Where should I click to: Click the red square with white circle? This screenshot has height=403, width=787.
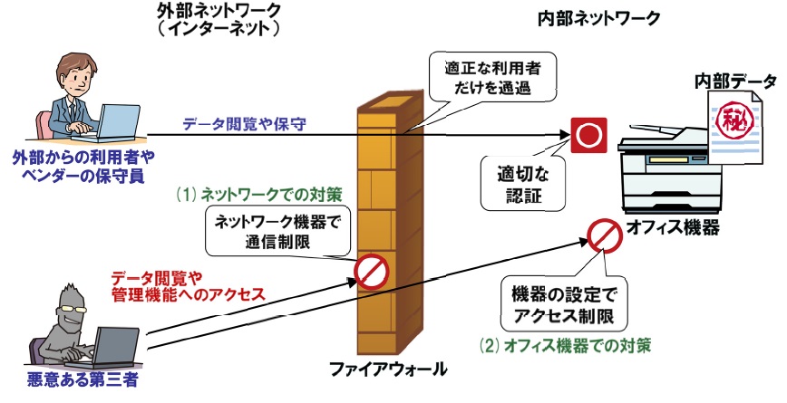(x=589, y=136)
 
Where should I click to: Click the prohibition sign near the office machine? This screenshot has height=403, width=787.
(x=602, y=238)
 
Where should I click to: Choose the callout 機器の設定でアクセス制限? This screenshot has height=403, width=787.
(x=563, y=306)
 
